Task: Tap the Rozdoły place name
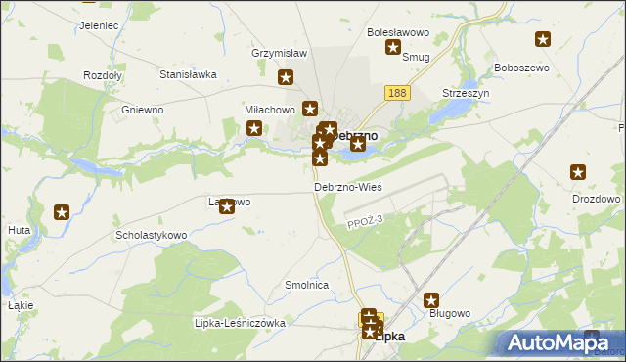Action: pos(102,75)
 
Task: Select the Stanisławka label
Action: pos(187,73)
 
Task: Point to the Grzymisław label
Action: pos(280,53)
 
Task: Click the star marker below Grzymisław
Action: pos(287,78)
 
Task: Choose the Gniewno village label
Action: pos(142,110)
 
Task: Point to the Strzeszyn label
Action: pos(466,93)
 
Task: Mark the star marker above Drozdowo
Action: pos(578,173)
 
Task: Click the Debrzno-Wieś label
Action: pos(347,186)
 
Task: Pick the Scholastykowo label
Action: pos(151,236)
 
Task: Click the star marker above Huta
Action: pos(62,211)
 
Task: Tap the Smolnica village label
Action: pos(305,285)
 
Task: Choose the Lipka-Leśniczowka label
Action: pos(240,323)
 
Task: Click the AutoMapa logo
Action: pos(556,343)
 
